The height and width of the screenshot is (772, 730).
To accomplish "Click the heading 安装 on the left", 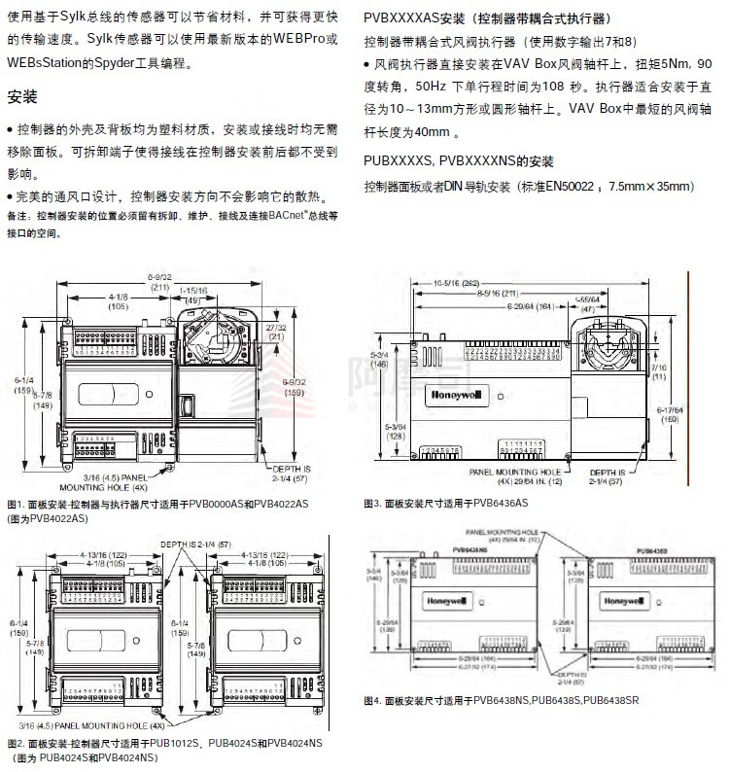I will pos(21,97).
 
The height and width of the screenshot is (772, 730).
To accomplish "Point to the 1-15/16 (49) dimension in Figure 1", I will pos(195,296).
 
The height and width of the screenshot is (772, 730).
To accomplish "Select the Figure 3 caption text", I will pos(445,503).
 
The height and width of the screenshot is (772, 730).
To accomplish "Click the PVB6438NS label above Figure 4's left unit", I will pos(469,550).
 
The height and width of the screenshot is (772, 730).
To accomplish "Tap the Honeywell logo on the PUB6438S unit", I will pos(620,600).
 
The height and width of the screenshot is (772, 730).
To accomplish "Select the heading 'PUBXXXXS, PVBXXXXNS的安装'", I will pos(458,160).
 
